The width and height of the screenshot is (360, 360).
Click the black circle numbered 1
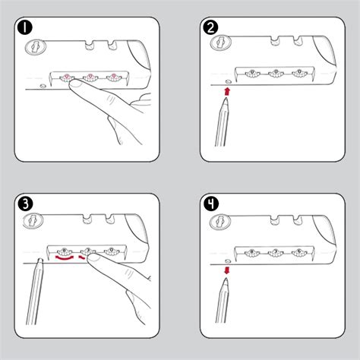[x=25, y=27]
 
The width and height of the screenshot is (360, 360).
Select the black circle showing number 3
[x=25, y=204]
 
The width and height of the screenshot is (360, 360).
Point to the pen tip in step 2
[x=227, y=104]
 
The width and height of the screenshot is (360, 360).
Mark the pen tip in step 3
[x=39, y=261]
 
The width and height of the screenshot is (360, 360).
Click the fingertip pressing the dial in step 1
[x=74, y=87]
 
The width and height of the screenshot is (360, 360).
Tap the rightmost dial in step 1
[x=114, y=76]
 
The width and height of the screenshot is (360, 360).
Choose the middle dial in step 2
[x=276, y=74]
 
